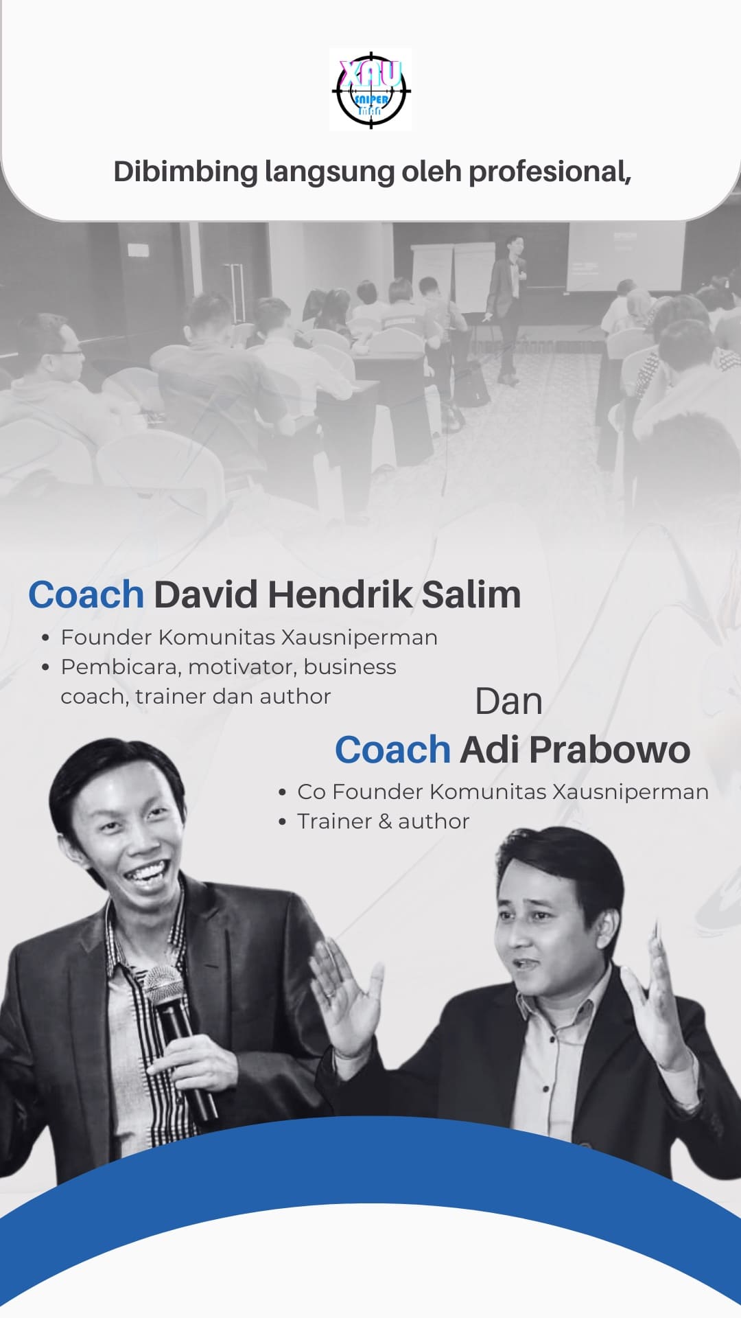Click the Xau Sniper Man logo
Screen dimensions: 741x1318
(x=370, y=89)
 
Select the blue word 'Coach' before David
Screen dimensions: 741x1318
(x=86, y=594)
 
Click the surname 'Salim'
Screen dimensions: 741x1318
(x=471, y=594)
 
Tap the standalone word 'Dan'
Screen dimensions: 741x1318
(x=509, y=702)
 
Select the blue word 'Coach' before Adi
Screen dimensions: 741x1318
(x=392, y=750)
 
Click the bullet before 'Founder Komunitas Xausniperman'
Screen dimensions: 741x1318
(x=45, y=638)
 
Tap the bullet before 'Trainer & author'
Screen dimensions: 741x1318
(x=282, y=822)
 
